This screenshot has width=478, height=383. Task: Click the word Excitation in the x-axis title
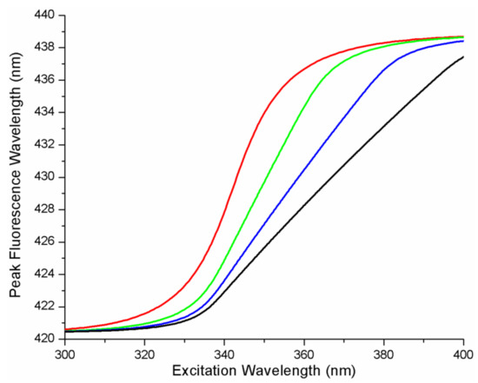click(x=199, y=372)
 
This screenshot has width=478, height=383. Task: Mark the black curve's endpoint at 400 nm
click(x=463, y=57)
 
